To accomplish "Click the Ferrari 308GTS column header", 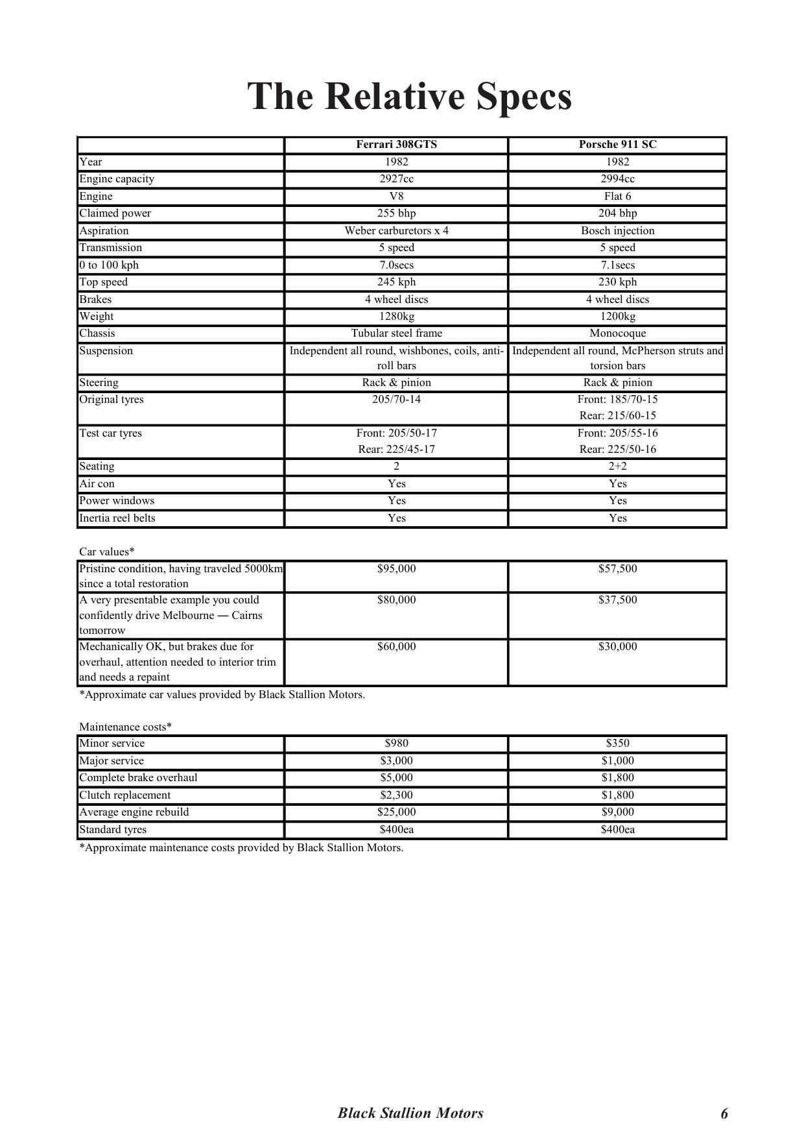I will (x=396, y=145).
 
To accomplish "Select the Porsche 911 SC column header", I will (x=617, y=145).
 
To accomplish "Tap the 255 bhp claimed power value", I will (x=396, y=213).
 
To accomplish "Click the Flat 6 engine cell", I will (x=617, y=196).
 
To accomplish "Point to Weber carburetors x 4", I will (x=396, y=230).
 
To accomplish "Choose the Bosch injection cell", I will (x=617, y=230).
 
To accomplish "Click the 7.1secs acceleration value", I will (x=617, y=265).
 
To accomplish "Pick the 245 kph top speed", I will (x=396, y=282).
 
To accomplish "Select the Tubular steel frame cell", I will (x=396, y=333).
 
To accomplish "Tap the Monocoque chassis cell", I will (x=617, y=333).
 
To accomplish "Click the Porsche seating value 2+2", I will (x=617, y=466).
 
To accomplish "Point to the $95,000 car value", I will (x=396, y=569).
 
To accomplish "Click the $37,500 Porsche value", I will (x=617, y=600).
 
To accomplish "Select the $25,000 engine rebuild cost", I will (x=396, y=812).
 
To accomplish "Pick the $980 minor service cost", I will (x=396, y=744).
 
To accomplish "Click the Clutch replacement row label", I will (x=124, y=795).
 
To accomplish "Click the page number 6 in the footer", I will (x=724, y=1114).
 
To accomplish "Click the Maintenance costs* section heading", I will (x=125, y=727).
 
